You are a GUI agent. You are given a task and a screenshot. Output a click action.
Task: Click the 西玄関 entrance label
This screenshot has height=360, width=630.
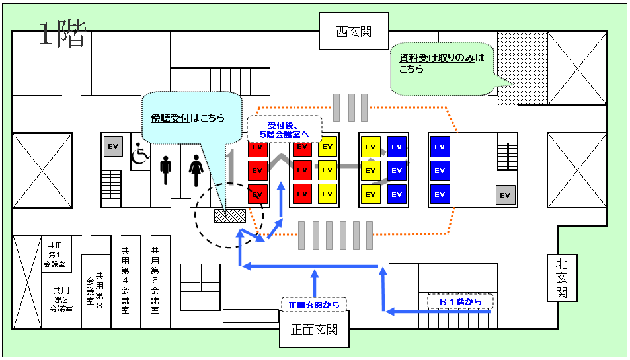pyautogui.click(x=354, y=31)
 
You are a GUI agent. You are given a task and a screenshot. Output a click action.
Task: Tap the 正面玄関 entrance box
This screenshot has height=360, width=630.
pyautogui.click(x=314, y=329)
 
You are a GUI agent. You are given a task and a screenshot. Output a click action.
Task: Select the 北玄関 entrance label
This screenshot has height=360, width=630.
pyautogui.click(x=562, y=277)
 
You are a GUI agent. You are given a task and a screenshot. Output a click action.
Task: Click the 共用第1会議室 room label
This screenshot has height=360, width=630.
pyautogui.click(x=55, y=254)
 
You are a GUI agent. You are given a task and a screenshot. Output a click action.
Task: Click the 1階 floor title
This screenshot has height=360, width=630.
pyautogui.click(x=63, y=34)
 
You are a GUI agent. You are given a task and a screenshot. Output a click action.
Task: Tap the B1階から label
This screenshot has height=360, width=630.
pyautogui.click(x=461, y=302)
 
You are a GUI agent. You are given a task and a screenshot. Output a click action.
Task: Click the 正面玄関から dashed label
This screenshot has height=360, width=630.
pyautogui.click(x=314, y=305)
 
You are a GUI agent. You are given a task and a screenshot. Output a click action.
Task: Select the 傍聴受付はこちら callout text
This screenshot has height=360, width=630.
pyautogui.click(x=188, y=118)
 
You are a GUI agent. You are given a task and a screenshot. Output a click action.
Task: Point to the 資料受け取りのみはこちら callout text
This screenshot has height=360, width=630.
pyautogui.click(x=442, y=63)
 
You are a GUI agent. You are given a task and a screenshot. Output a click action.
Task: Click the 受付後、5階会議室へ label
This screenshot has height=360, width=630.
pyautogui.click(x=284, y=130)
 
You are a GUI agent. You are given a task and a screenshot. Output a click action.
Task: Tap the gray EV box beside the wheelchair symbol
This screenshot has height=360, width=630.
pyautogui.click(x=113, y=146)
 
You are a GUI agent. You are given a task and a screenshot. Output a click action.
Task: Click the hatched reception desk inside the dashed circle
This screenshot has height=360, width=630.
pyautogui.click(x=230, y=216)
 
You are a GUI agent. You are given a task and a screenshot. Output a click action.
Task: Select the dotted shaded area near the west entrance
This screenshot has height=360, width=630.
pyautogui.click(x=522, y=69)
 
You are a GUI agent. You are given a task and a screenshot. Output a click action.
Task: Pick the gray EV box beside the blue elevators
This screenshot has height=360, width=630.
pyautogui.click(x=505, y=195)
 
